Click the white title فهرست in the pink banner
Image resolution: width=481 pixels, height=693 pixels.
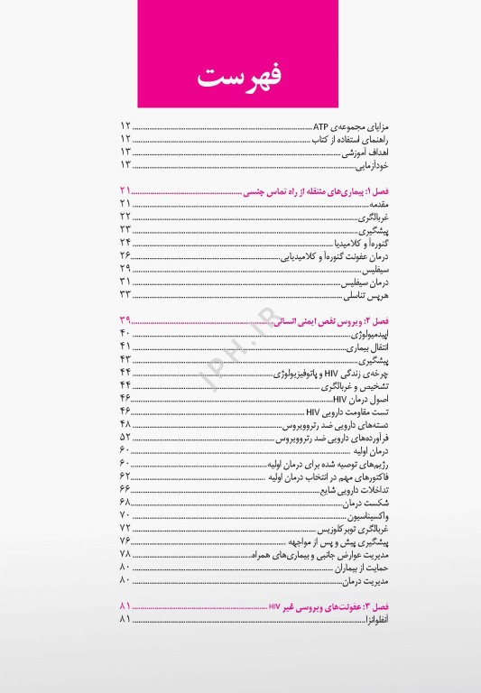[239, 76]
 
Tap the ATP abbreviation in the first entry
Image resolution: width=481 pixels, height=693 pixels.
[319, 125]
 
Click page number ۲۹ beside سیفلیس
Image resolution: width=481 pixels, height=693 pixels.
[125, 269]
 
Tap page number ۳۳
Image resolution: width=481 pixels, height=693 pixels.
[125, 295]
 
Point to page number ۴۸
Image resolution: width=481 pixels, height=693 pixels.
[125, 424]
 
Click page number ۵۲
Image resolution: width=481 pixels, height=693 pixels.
[125, 437]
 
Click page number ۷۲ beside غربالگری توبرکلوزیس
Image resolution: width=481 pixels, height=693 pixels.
[125, 527]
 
